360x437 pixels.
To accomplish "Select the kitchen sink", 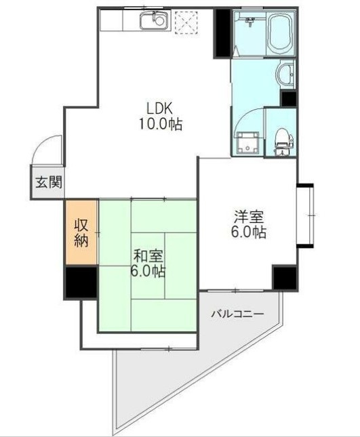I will pos(153,21).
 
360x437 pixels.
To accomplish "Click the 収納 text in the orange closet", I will pos(81,232).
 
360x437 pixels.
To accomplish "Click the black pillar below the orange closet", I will pos(81,282).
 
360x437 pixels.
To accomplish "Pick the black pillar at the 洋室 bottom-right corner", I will pos(284,277).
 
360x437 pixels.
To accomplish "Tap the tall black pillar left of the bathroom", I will pos(222,33).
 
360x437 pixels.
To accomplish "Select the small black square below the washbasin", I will pos(289,98).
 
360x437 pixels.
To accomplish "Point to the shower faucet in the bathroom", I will pos(249,24).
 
